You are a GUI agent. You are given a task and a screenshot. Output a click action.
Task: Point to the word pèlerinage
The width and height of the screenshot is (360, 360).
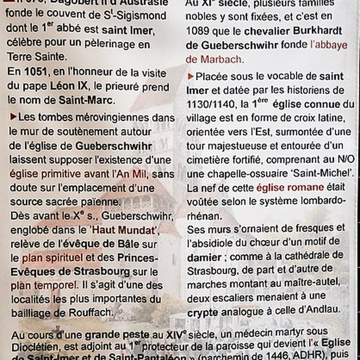click(106, 43)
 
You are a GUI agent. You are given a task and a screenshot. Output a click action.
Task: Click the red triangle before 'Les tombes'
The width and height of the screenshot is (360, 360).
click(13, 117)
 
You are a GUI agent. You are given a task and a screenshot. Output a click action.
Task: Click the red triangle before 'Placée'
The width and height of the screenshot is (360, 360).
click(191, 76)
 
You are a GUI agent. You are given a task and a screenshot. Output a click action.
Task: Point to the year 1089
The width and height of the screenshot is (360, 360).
click(199, 30)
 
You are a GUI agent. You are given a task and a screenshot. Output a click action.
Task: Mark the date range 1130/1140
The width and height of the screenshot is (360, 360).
click(209, 104)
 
